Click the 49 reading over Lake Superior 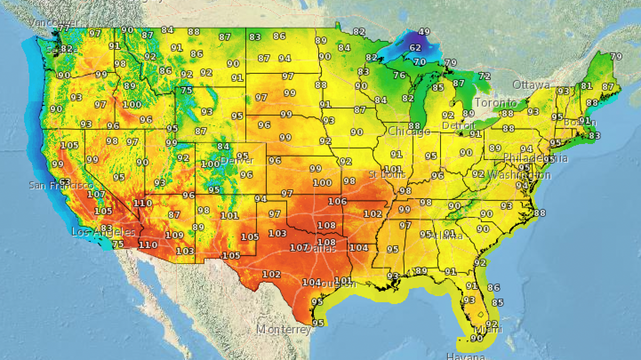[x=425, y=32]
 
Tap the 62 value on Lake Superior [x=415, y=48]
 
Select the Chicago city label [x=409, y=132]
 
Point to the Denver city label [x=237, y=160]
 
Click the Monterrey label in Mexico [x=284, y=330]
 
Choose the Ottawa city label [x=531, y=84]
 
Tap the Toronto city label [x=496, y=103]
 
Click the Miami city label [x=488, y=329]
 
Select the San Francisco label [x=61, y=185]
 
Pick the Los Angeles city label [x=103, y=232]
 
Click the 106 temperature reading [x=337, y=201]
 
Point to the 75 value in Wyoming [x=186, y=91]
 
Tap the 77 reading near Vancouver [x=64, y=28]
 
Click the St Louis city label [x=387, y=174]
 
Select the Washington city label [x=519, y=175]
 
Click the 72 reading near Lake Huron [x=484, y=76]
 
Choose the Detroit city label [x=458, y=126]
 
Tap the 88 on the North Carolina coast [x=539, y=213]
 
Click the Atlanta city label [x=446, y=236]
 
